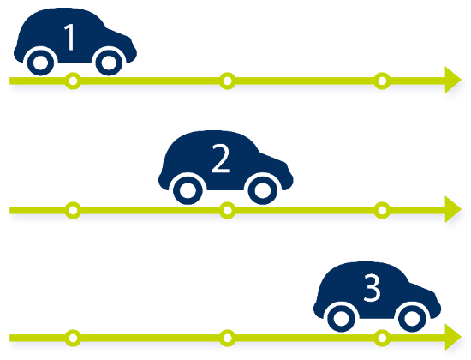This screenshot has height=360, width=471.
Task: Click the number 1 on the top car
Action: click(x=70, y=37)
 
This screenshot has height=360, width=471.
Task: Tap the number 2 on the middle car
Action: click(x=220, y=158)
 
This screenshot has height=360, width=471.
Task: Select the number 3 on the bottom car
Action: click(x=373, y=288)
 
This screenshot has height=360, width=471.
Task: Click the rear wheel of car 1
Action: click(x=40, y=63)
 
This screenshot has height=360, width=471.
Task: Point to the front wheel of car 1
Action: click(x=109, y=63)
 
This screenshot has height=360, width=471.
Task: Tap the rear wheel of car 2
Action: click(x=188, y=190)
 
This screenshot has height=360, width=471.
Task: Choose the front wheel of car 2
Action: click(x=263, y=190)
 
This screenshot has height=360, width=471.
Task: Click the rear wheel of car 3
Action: click(x=342, y=318)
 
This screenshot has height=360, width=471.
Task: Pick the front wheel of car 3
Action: click(x=412, y=318)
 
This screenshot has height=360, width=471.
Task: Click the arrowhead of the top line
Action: click(x=453, y=80)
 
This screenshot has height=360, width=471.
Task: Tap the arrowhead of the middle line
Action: click(x=453, y=209)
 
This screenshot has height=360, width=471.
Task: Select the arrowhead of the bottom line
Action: click(x=453, y=337)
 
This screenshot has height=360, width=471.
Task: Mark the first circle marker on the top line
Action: click(x=73, y=81)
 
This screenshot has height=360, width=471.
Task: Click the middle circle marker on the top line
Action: click(x=228, y=81)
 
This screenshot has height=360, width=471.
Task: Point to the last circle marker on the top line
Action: click(x=382, y=81)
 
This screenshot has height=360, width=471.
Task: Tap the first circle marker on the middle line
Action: click(x=73, y=210)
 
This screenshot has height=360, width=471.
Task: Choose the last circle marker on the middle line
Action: click(x=382, y=210)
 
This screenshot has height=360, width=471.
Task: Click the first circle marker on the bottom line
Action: click(x=73, y=338)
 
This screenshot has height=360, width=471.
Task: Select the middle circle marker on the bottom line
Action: click(x=228, y=338)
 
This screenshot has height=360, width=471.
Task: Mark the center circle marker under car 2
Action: click(x=228, y=210)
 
